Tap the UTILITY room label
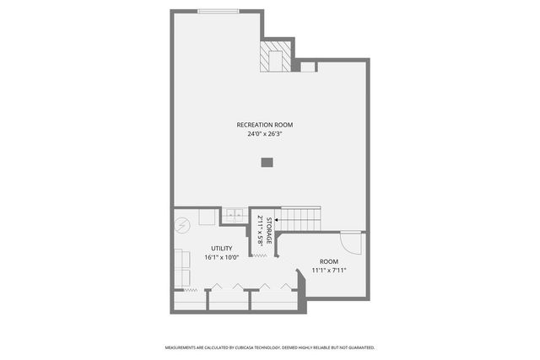click(222, 249)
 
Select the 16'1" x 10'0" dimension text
click(222, 257)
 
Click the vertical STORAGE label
click(269, 230)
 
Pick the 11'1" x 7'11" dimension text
click(329, 270)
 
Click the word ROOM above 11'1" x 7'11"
click(329, 261)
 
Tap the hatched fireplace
click(273, 58)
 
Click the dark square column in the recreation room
click(267, 162)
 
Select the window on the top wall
click(218, 11)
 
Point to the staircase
click(300, 221)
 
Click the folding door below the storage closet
click(262, 254)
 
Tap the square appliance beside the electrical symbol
click(208, 218)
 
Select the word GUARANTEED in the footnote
click(359, 347)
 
